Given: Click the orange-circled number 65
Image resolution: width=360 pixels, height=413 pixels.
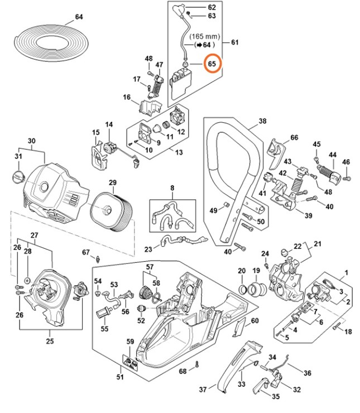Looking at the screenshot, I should [x=212, y=64].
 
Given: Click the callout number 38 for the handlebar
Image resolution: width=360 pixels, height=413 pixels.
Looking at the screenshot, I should [x=262, y=121].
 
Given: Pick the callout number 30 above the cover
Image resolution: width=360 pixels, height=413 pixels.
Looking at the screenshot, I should [x=31, y=141].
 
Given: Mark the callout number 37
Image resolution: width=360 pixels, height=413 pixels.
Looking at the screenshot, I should [x=203, y=389].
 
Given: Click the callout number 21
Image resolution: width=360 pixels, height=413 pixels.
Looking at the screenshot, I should [x=318, y=243].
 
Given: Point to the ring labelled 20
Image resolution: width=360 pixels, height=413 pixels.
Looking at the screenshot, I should [x=244, y=290].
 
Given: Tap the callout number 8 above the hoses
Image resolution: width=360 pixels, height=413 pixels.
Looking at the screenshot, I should [x=172, y=188].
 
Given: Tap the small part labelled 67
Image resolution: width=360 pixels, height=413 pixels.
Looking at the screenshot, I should [x=98, y=258].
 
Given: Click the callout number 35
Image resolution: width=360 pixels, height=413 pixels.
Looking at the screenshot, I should [x=276, y=397].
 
